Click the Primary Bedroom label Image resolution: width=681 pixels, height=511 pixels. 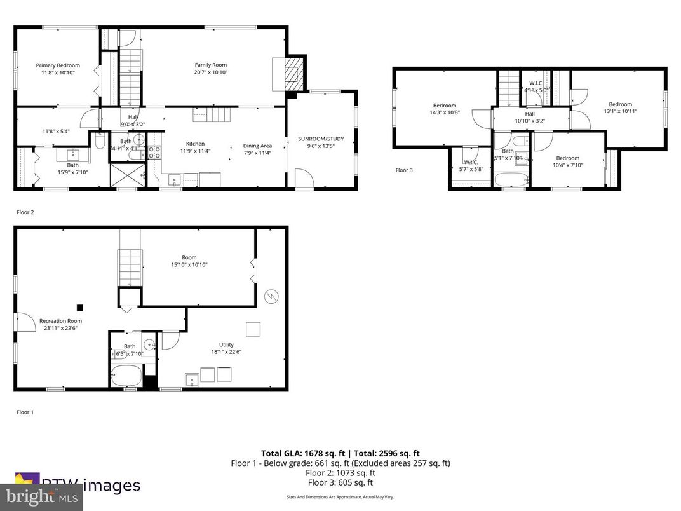pos(58,65)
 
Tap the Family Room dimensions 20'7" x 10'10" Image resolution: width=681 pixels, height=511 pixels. pos(210,72)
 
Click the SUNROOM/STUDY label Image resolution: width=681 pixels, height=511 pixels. pos(320,138)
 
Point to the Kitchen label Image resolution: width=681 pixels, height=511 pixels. pos(195,144)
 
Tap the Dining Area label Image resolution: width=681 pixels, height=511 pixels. pos(257,146)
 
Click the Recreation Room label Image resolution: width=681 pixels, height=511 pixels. pos(60,321)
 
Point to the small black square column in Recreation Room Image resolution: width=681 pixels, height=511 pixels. pos(79,305)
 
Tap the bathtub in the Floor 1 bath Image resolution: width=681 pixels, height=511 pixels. pos(126,375)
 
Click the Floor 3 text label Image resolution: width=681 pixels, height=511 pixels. pos(404,170)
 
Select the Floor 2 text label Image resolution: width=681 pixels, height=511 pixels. pos(25,212)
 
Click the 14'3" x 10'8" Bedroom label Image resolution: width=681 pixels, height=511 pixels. pos(445,106)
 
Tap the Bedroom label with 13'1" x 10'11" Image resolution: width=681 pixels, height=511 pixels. pos(620,104)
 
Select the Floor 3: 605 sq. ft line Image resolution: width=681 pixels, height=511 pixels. pos(339,482)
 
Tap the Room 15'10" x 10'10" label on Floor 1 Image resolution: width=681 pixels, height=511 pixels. pos(189,257)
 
